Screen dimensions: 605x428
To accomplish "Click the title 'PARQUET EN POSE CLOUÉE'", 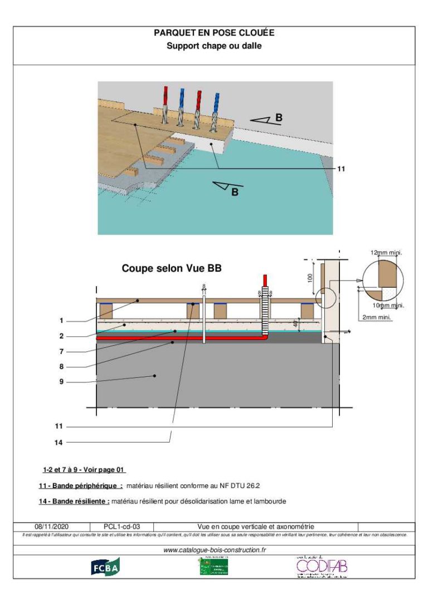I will pos(214,33).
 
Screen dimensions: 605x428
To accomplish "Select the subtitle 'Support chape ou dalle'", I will pos(214,46).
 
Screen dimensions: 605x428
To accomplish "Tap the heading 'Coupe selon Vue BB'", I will pos(172,268).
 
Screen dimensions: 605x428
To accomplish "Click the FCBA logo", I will pos(105,566).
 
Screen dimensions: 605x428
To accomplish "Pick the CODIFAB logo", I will pos(322,567).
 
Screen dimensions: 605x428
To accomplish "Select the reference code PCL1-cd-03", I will pos(121,526).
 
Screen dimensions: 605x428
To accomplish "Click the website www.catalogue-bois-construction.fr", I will pos(214,549).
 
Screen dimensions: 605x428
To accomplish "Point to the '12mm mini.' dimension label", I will pos(386,253).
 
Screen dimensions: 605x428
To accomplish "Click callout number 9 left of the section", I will pos(61,382).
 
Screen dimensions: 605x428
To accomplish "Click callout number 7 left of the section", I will pos(61,351).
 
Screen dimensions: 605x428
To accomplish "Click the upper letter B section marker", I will pos(279,117).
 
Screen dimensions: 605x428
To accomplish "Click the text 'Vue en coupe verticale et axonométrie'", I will pos(256,526).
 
